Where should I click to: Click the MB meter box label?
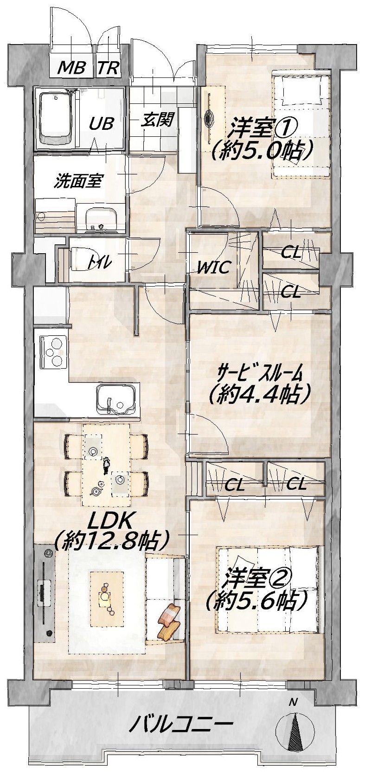71,67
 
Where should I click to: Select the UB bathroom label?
101,123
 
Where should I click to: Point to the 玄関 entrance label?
157,119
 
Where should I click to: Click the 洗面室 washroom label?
78,181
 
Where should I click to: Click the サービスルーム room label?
260,373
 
